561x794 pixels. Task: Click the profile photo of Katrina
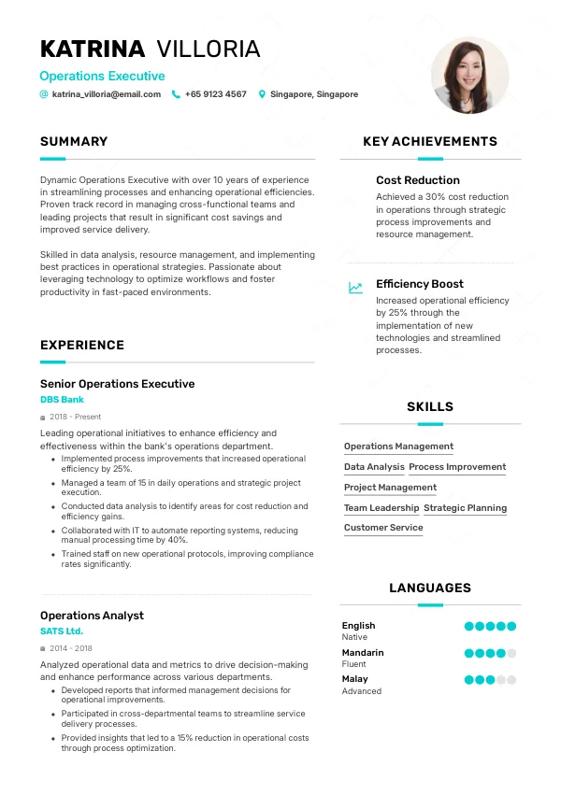tap(470, 76)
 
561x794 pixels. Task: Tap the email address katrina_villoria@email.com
tap(107, 94)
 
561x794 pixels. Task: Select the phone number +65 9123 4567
tap(216, 94)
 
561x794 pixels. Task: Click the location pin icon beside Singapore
tap(262, 94)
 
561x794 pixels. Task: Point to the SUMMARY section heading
tap(74, 142)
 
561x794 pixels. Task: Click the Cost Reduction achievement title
tap(418, 180)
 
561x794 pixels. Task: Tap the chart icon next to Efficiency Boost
tap(355, 288)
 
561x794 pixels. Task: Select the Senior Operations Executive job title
tap(118, 384)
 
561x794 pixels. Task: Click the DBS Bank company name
tap(62, 400)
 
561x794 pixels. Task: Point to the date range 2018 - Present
tap(76, 417)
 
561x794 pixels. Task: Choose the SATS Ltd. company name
tap(62, 631)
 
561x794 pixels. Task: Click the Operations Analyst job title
tap(92, 616)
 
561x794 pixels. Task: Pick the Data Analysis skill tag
tap(374, 467)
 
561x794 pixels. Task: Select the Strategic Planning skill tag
tap(465, 508)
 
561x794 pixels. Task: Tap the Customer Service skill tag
tap(383, 528)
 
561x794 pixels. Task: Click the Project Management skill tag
tap(390, 488)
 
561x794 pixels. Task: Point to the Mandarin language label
tap(363, 653)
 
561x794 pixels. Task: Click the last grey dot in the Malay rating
tap(511, 680)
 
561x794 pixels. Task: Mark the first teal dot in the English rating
tap(468, 626)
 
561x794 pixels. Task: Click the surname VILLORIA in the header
tap(209, 50)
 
